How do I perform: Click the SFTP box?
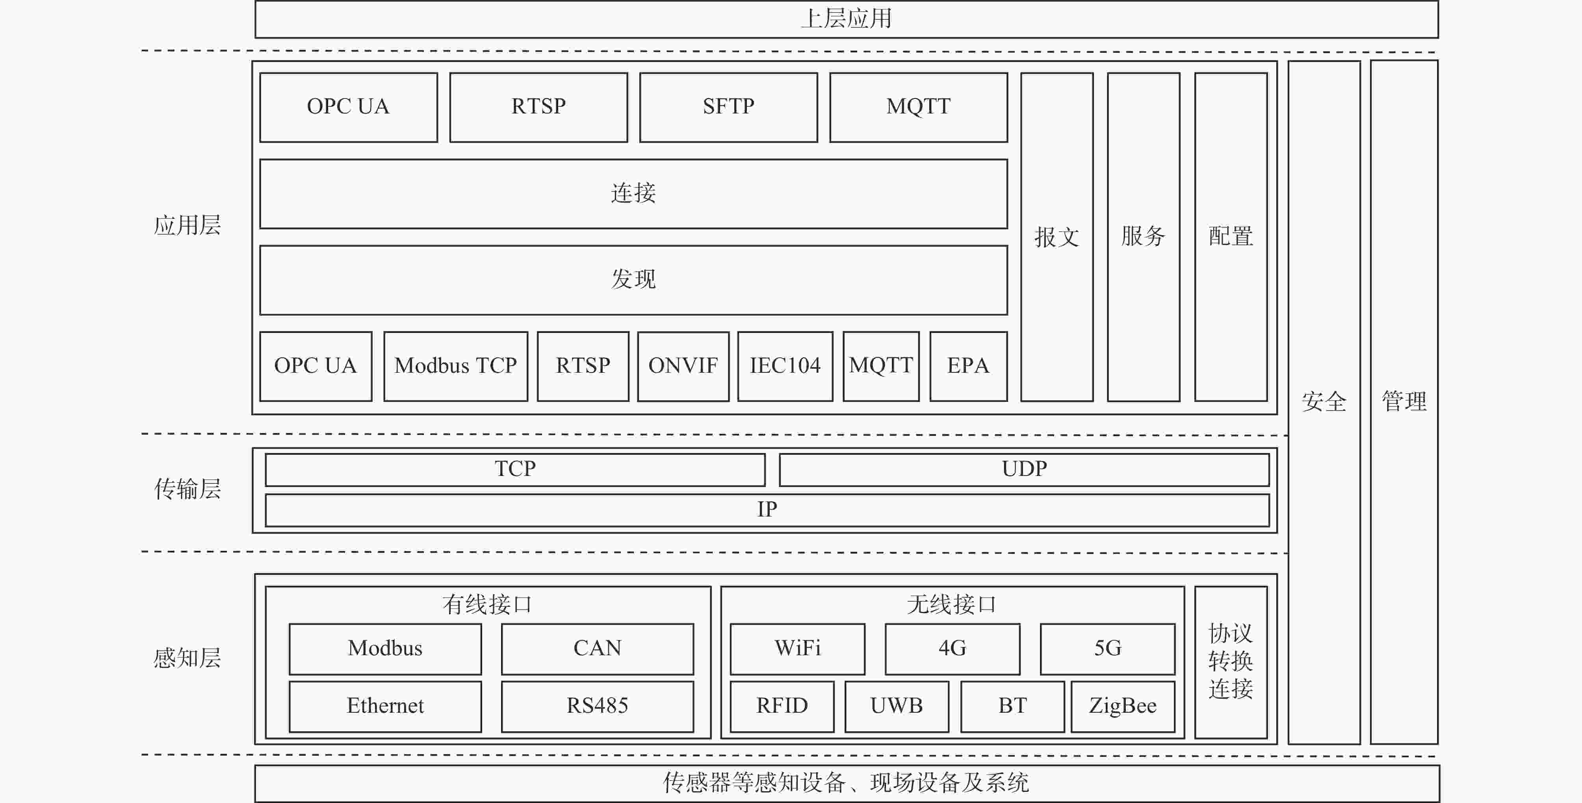point(728,108)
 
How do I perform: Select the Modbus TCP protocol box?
point(456,366)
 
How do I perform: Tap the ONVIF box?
point(683,366)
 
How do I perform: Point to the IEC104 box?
point(785,366)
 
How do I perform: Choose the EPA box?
point(969,366)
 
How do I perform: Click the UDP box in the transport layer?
point(1024,469)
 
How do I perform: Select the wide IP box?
point(767,510)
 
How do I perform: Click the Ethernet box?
point(385,706)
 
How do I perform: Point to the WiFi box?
point(797,649)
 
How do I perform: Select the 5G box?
point(1107,649)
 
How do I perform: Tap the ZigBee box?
point(1123,706)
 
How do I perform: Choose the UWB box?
point(897,706)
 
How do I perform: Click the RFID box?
point(782,706)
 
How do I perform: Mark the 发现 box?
point(633,280)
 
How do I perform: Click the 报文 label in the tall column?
point(1056,237)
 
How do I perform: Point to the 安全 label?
point(1324,402)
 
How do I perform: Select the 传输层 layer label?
point(187,489)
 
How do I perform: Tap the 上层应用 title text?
point(846,19)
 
